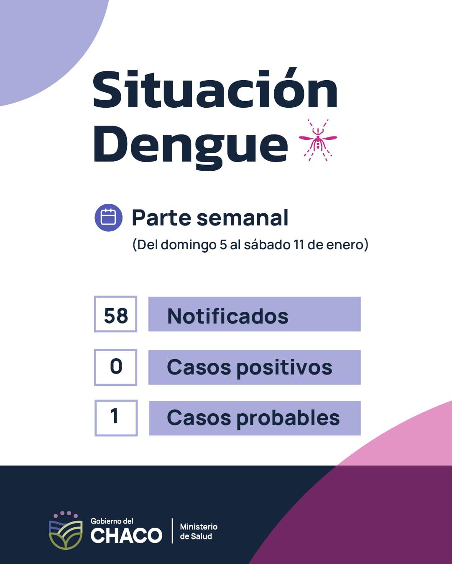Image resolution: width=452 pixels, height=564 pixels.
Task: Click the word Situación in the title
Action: pos(215,89)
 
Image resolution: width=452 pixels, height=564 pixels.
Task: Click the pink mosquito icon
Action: pos(318,140)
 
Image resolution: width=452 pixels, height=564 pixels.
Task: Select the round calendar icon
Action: pos(108,218)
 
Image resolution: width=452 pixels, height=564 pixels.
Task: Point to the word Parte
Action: pos(161,218)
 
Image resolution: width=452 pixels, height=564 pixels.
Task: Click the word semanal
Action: pos(243,218)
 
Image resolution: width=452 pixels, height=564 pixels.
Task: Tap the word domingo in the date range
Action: pos(189,245)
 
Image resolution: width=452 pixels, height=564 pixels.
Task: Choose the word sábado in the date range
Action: pos(267,245)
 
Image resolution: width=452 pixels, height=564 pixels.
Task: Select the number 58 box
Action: pos(115,314)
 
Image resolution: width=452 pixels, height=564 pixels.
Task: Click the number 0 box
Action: pos(115,367)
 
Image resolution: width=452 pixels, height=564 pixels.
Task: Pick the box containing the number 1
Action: pos(116,418)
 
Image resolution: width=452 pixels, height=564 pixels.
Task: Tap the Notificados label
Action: pos(228,316)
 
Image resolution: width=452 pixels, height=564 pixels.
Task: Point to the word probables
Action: pos(288,419)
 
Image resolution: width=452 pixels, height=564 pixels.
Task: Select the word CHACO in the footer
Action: pos(126,535)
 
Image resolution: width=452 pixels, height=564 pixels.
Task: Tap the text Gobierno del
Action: pos(112,521)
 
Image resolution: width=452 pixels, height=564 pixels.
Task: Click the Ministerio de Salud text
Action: pos(199,531)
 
